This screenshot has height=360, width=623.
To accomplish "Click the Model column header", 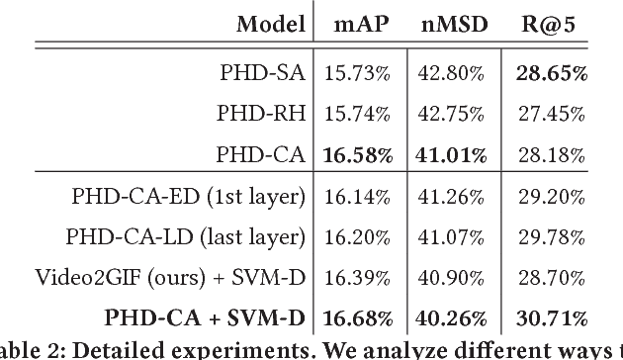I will tap(269, 23).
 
